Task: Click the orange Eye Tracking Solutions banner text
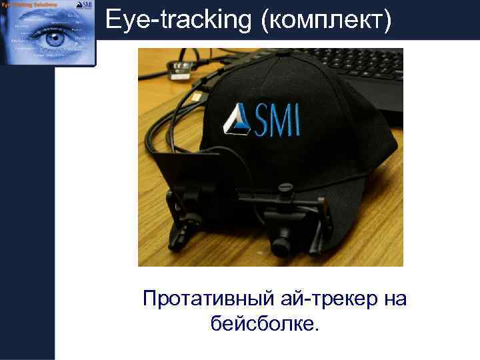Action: pos(29,5)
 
